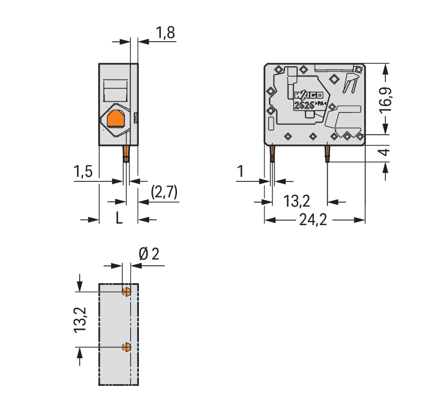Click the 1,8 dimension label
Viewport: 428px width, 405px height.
click(x=165, y=33)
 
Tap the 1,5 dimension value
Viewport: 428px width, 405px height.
click(x=83, y=172)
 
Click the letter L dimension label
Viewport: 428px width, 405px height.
click(x=119, y=218)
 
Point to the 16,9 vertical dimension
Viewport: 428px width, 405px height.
click(x=386, y=100)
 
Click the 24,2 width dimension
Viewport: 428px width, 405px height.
click(x=313, y=219)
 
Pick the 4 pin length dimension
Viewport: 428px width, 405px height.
click(x=385, y=152)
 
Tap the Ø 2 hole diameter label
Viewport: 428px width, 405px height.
click(x=149, y=254)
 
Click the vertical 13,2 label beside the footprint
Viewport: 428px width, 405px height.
click(x=80, y=320)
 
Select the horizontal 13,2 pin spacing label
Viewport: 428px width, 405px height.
click(x=296, y=201)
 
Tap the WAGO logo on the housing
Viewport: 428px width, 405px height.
click(x=309, y=95)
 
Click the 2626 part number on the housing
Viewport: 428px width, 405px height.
click(x=304, y=105)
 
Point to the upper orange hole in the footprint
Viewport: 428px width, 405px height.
click(x=127, y=292)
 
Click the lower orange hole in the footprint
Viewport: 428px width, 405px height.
click(x=127, y=347)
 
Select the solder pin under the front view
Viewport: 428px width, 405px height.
click(x=126, y=154)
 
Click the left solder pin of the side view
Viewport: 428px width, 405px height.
click(x=272, y=154)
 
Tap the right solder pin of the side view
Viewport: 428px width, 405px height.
click(x=327, y=154)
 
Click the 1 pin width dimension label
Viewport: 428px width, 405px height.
click(x=240, y=172)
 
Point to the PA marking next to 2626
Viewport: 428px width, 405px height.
click(x=320, y=104)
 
